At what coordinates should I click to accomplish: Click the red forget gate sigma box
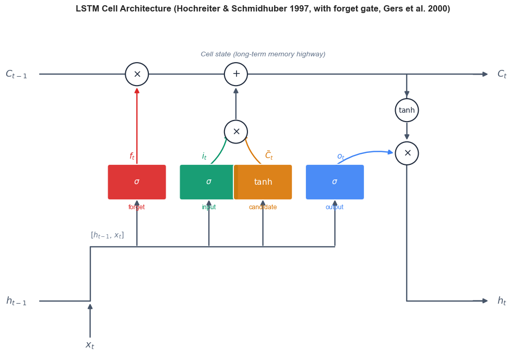pos(137,182)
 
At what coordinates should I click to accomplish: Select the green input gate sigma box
pos(207,182)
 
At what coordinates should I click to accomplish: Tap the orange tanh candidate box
pos(263,182)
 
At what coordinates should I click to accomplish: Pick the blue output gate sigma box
pos(335,182)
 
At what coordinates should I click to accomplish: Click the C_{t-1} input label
pos(16,74)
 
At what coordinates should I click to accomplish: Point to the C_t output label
pos(502,74)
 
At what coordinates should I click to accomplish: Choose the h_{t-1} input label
pos(16,301)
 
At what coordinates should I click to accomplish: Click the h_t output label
pos(502,301)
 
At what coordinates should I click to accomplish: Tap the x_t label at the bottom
pos(90,345)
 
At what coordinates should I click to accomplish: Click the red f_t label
pos(132,156)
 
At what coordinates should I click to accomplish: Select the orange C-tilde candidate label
pos(269,155)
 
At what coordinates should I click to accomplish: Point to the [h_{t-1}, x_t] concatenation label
pos(107,235)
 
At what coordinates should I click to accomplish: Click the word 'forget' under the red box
pos(137,207)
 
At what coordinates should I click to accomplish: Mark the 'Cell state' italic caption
pos(216,54)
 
